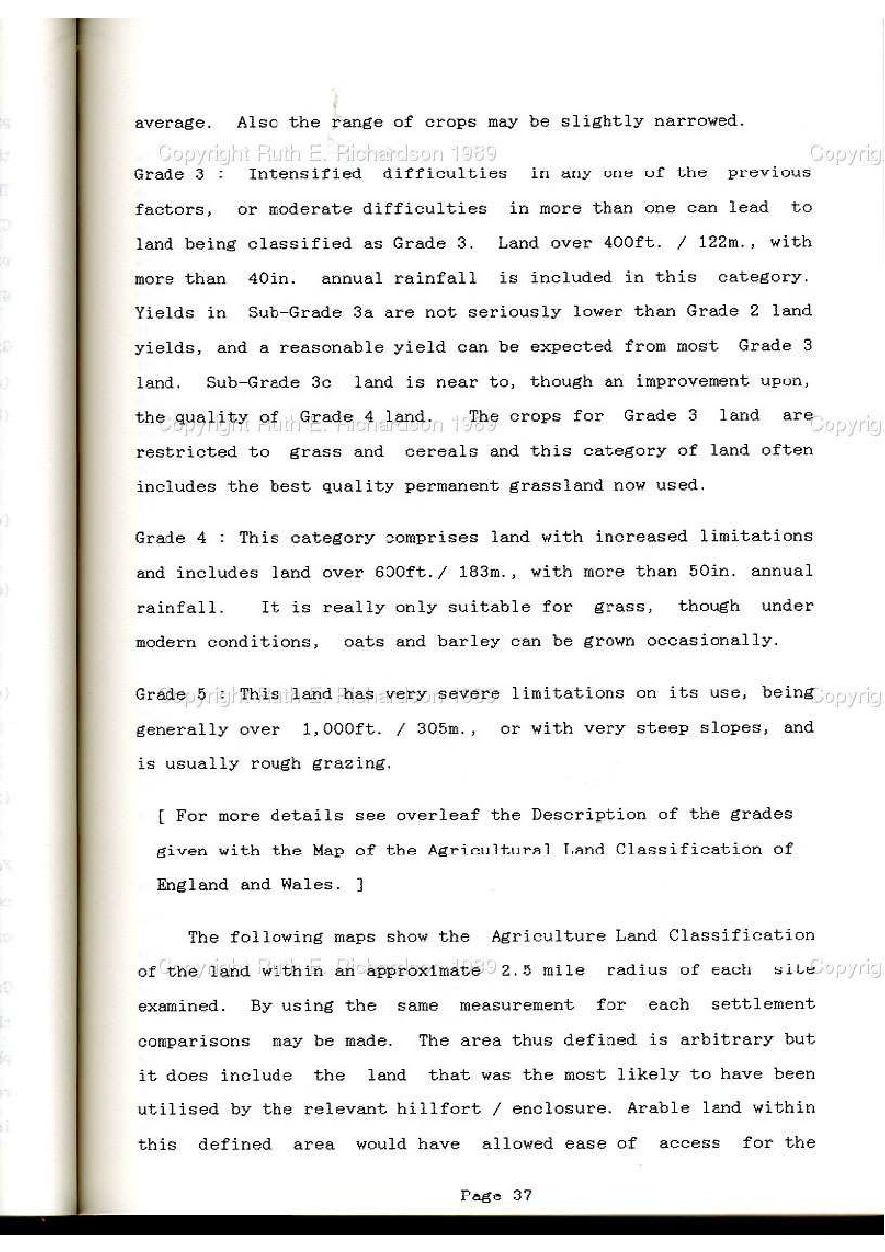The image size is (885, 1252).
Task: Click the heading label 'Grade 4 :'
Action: [x=170, y=537]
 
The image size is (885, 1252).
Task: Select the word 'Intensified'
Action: [x=304, y=173]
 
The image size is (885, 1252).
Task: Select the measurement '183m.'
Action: [x=486, y=572]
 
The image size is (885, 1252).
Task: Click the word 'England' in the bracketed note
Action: [x=192, y=884]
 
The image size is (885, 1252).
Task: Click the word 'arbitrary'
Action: [x=742, y=1040]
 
